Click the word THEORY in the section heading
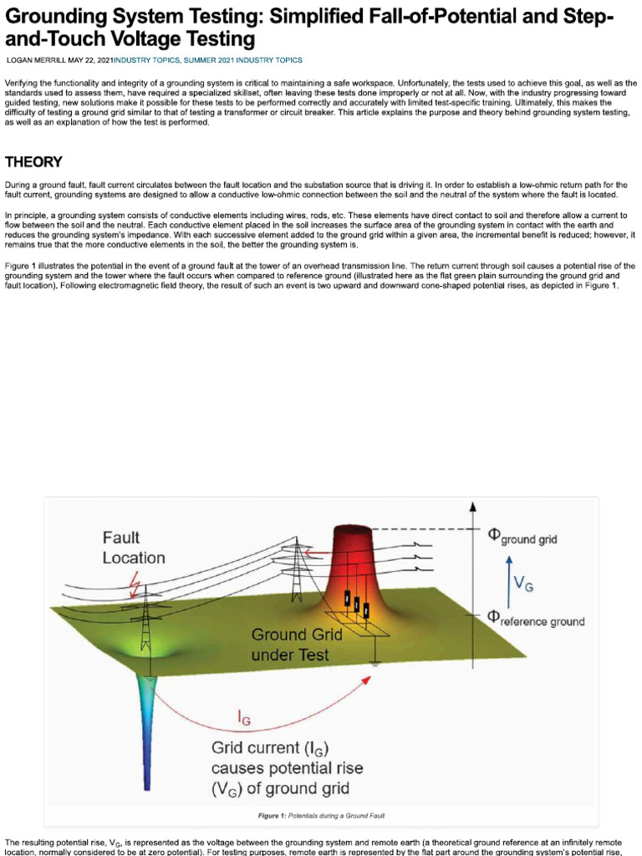pos(33,162)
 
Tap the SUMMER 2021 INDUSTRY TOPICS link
pos(250,60)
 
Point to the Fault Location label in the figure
pos(134,548)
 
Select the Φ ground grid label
pos(522,536)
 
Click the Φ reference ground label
pos(536,619)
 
